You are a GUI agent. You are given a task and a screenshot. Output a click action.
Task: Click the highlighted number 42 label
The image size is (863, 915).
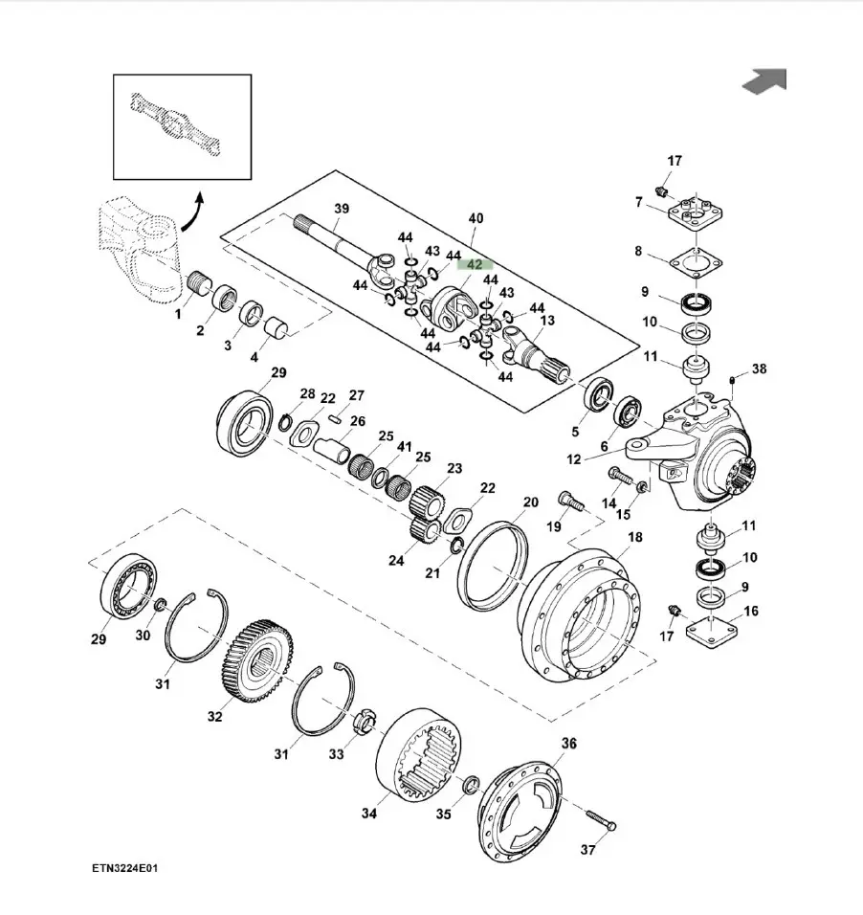476,264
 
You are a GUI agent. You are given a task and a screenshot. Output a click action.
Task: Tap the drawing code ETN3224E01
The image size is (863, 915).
123,869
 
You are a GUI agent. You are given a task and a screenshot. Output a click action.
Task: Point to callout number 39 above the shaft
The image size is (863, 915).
341,210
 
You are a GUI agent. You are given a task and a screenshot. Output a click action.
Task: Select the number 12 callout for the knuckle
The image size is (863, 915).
573,459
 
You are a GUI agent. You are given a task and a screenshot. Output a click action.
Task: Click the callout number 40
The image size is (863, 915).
476,219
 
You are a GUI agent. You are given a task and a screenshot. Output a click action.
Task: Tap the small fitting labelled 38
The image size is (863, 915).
732,382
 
